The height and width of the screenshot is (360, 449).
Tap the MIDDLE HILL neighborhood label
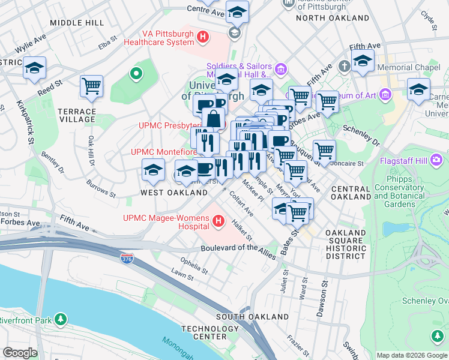[x=77, y=22]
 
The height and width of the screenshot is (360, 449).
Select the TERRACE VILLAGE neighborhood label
[x=77, y=116]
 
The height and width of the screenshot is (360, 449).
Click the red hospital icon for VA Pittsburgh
[x=203, y=37]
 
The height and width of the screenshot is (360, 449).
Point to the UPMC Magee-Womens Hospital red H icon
[x=218, y=223]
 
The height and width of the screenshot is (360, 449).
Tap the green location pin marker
[x=136, y=74]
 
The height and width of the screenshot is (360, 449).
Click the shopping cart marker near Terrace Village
[x=92, y=86]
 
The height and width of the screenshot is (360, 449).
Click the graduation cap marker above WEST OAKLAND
[x=154, y=170]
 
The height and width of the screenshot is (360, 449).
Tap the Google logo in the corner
[x=20, y=353]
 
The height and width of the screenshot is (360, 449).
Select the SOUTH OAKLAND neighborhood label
[x=252, y=316]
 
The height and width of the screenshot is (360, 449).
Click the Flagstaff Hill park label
[x=410, y=161]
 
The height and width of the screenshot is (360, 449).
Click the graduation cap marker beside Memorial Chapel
[x=363, y=61]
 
